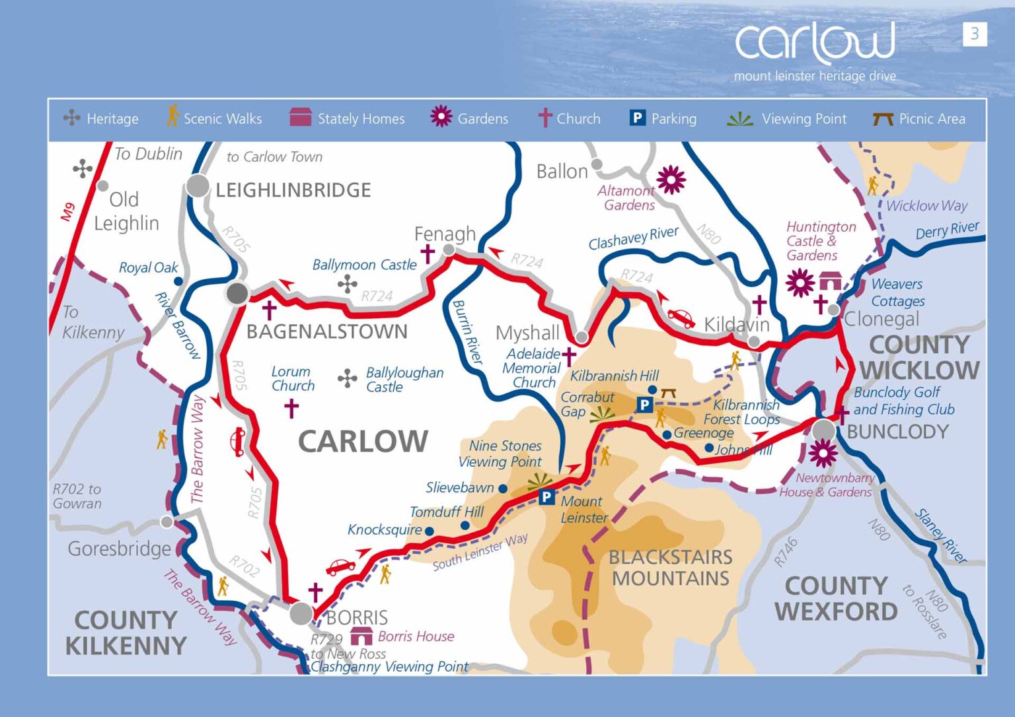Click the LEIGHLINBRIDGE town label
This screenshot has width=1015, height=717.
[293, 190]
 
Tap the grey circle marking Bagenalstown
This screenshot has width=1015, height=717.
[237, 293]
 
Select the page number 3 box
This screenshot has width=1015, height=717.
[974, 34]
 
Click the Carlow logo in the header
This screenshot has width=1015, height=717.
[815, 44]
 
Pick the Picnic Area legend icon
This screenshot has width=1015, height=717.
[882, 119]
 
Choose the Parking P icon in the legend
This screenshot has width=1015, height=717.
[637, 118]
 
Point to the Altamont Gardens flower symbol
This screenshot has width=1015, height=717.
[671, 180]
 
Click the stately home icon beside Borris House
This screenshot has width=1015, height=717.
[361, 636]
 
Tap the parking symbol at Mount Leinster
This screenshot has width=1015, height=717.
[546, 497]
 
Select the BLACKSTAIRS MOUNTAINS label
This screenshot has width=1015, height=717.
[670, 567]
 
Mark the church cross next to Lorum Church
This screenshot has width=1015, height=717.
[291, 409]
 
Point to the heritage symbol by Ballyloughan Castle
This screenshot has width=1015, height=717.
[347, 379]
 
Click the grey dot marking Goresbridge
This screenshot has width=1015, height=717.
[167, 522]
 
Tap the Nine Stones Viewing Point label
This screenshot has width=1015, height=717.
[500, 454]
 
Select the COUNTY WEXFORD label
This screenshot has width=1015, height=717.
[836, 598]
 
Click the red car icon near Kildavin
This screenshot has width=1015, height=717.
[681, 318]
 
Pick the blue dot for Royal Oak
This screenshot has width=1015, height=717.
[178, 281]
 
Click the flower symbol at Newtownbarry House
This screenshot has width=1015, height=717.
[823, 453]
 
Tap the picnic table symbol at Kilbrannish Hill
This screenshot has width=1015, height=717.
[668, 393]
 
